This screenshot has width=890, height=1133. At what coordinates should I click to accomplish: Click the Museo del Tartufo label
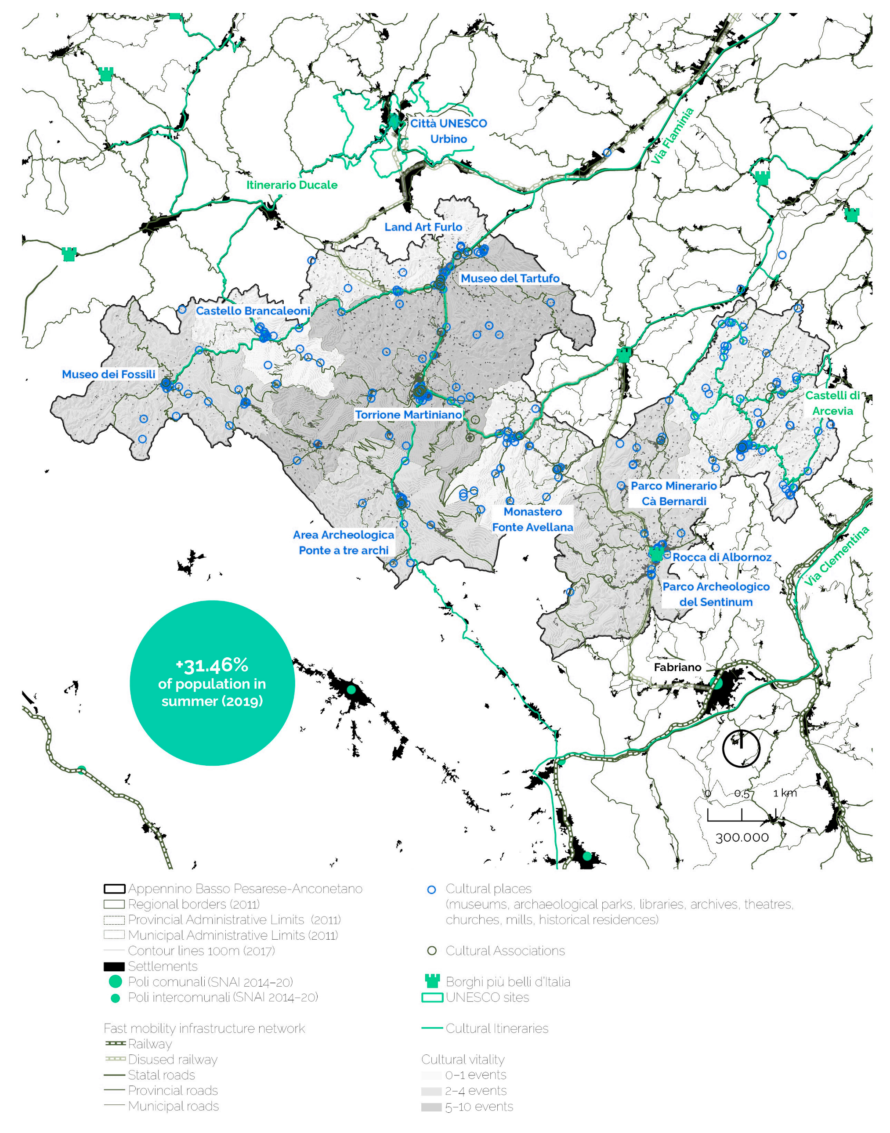[510, 278]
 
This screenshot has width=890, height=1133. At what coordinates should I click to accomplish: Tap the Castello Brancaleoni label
[253, 311]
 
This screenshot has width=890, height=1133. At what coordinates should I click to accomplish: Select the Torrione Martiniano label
[408, 414]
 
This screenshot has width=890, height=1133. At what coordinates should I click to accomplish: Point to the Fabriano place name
[677, 667]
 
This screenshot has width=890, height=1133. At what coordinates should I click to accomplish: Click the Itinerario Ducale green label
[292, 185]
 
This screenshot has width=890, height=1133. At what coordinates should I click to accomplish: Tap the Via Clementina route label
[836, 556]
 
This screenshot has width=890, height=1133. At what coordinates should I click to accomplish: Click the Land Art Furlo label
[423, 227]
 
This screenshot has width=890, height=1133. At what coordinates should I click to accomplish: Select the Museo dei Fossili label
[109, 374]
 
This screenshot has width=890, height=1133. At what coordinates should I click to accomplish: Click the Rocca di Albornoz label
[722, 557]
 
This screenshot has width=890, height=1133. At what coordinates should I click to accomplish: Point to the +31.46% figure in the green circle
[212, 666]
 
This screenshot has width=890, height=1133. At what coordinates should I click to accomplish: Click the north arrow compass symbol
[741, 749]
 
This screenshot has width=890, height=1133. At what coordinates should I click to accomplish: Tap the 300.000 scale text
[742, 837]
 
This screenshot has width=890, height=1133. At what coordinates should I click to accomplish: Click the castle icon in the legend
[432, 981]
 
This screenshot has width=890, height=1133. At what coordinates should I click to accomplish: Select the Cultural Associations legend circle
[431, 951]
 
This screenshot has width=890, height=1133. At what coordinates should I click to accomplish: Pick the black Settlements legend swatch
[114, 966]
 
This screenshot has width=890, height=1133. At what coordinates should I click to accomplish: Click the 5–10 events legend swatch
[431, 1106]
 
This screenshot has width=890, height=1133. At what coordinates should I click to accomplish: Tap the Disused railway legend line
[115, 1059]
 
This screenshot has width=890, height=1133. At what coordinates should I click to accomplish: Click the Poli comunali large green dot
[115, 981]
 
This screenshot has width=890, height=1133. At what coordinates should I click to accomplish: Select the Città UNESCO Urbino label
[448, 131]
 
